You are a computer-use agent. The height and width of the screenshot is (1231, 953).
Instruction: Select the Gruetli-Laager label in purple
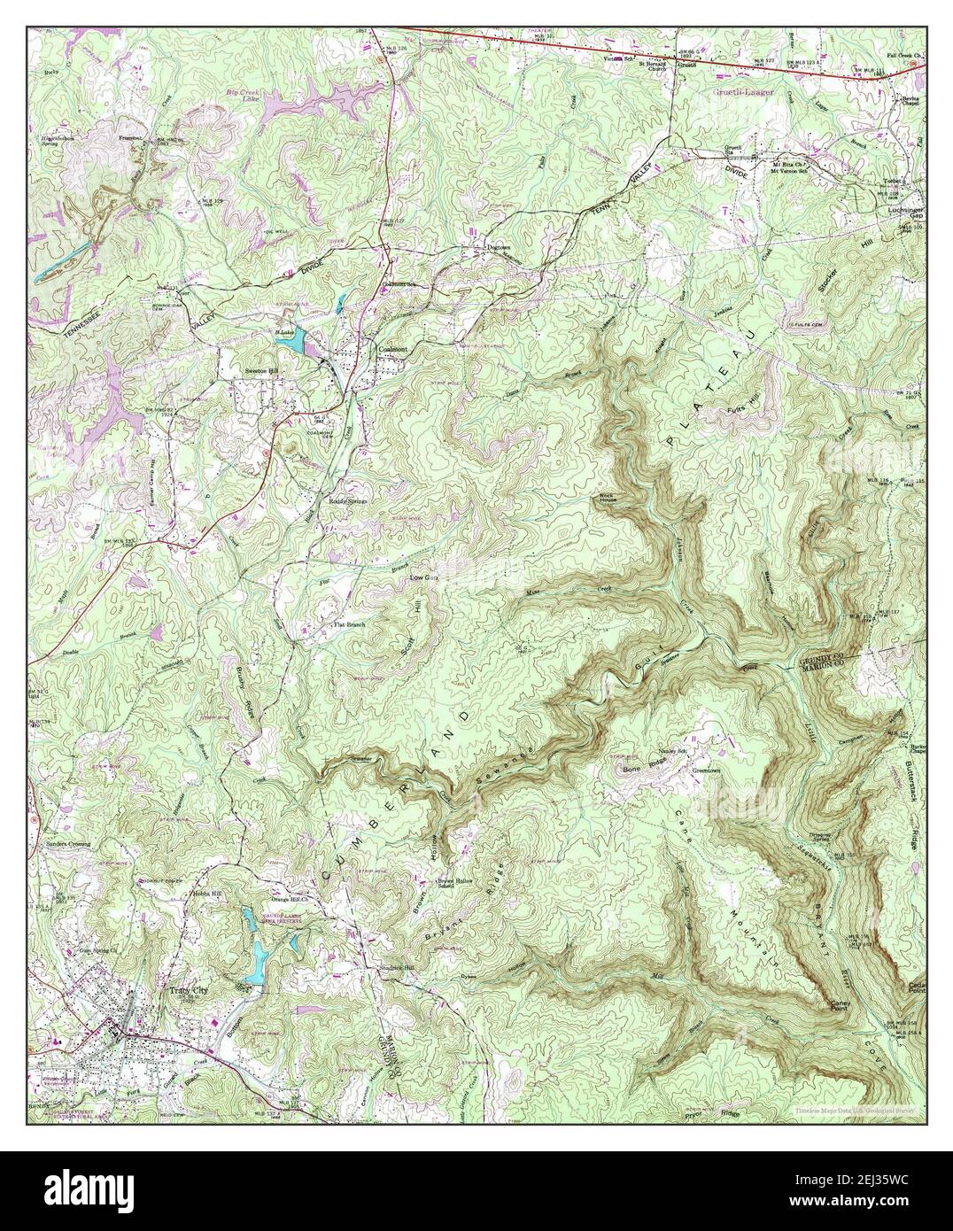[742, 90]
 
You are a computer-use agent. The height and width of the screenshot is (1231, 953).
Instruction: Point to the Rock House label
[607, 497]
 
